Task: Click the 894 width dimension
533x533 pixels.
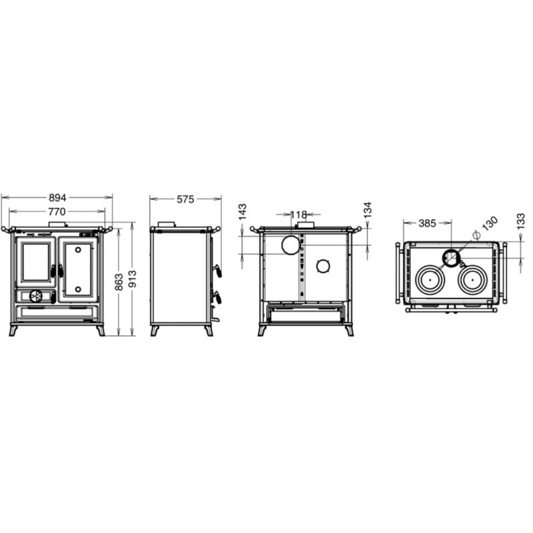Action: [x=57, y=197]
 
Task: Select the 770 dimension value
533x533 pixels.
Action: [x=57, y=212]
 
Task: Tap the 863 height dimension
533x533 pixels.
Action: [x=119, y=282]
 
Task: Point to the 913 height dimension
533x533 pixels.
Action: [x=133, y=278]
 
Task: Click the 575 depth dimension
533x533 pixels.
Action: [x=185, y=199]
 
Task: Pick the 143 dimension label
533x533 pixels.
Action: [x=243, y=212]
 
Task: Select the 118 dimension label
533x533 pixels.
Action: [x=298, y=215]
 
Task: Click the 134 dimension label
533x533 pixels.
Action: [x=368, y=210]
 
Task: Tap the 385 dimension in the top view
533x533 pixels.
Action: [x=427, y=223]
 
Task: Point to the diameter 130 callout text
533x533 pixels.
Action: [x=486, y=227]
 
